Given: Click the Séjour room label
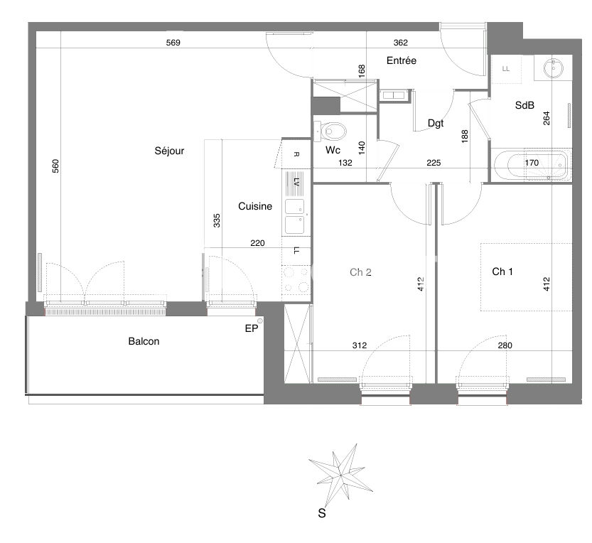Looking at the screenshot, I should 169,151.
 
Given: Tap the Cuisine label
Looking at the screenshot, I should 255,207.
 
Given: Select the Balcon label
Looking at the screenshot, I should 144,341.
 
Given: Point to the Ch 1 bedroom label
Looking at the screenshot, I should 503,271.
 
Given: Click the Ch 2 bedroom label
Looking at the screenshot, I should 361,271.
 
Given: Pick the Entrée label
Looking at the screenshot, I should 402,61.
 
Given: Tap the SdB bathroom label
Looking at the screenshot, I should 524,105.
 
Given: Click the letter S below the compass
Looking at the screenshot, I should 321,512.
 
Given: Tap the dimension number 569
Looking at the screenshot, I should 173,43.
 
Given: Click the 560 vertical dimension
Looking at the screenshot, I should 55,166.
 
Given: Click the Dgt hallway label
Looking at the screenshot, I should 436,123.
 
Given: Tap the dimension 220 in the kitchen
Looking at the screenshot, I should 258,243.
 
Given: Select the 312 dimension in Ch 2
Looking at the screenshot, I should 359,346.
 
